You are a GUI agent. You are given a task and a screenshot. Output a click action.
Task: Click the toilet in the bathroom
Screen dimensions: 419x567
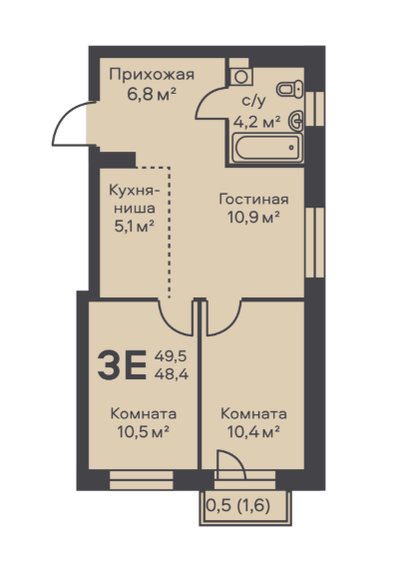click(x=290, y=89)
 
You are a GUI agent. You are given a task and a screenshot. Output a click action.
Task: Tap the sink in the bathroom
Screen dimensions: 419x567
click(x=296, y=120)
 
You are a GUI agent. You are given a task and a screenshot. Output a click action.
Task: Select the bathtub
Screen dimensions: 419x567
click(x=267, y=148)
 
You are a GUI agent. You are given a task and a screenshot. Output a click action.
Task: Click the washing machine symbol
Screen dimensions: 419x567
click(x=241, y=77)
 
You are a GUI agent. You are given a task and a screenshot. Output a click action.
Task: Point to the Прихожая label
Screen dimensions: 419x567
click(x=152, y=75)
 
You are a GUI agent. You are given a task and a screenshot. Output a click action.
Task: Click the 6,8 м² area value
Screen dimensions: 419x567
click(x=152, y=95)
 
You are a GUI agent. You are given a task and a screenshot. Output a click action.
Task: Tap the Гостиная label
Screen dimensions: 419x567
click(x=253, y=199)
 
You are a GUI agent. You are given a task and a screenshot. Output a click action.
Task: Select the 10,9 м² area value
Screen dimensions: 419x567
click(x=253, y=218)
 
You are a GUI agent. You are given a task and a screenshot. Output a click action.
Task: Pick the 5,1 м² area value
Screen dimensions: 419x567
click(x=135, y=227)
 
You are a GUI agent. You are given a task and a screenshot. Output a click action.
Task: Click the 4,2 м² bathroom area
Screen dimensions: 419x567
click(x=257, y=122)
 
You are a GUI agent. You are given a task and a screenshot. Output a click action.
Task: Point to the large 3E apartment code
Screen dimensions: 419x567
click(x=122, y=365)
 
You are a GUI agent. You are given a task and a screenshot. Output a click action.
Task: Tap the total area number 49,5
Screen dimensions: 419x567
click(x=171, y=356)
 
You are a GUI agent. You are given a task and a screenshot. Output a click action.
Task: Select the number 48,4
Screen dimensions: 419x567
click(x=172, y=374)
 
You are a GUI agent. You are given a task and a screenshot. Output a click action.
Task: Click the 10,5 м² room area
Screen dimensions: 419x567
click(x=144, y=432)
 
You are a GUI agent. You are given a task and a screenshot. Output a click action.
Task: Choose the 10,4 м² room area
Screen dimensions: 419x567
click(x=253, y=432)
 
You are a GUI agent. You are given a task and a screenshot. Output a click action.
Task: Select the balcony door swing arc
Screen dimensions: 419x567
click(x=238, y=458)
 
